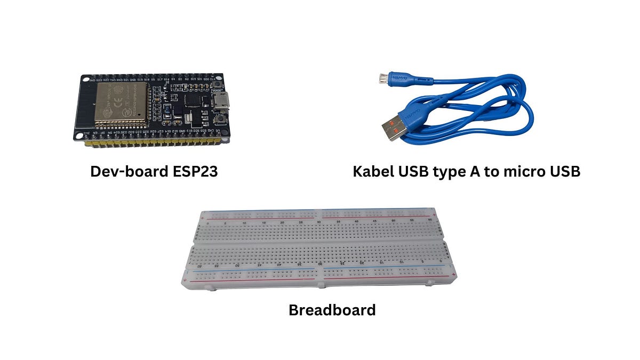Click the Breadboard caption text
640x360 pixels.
[332, 309]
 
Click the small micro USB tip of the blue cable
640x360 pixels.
[382, 78]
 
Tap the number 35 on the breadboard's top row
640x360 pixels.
[339, 221]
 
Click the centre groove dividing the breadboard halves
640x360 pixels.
[320, 243]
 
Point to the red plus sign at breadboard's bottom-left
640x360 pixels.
[185, 279]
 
